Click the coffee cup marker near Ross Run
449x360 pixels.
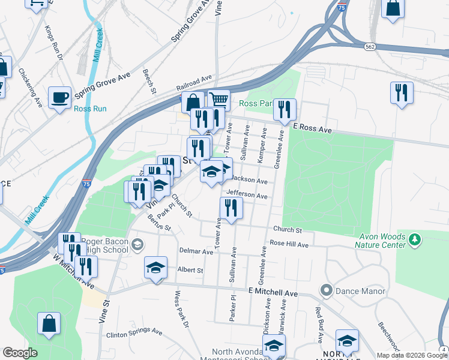click(x=59, y=97)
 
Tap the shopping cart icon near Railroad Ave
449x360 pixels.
click(x=219, y=100)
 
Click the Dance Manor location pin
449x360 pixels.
click(x=327, y=291)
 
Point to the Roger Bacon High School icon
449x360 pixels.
click(x=138, y=244)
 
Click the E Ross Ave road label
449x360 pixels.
click(x=312, y=129)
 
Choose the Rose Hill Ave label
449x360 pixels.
click(x=289, y=244)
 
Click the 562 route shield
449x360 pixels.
click(x=371, y=46)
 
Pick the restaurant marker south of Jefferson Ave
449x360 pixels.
click(x=231, y=208)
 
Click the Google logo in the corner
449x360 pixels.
click(x=20, y=353)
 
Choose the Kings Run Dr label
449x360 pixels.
click(x=53, y=42)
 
